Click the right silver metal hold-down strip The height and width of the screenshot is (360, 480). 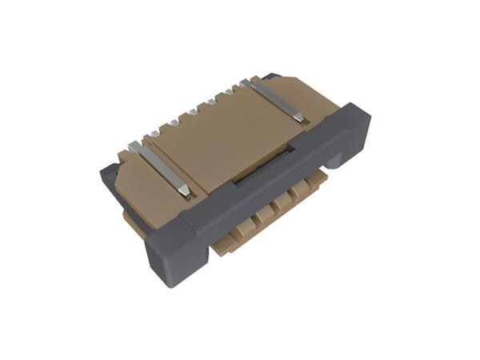pyautogui.click(x=276, y=100)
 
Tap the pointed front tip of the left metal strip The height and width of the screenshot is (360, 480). pyautogui.click(x=186, y=192)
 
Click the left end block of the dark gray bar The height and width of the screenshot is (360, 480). pyautogui.click(x=170, y=252)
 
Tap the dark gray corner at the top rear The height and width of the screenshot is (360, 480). pyautogui.click(x=272, y=77)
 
